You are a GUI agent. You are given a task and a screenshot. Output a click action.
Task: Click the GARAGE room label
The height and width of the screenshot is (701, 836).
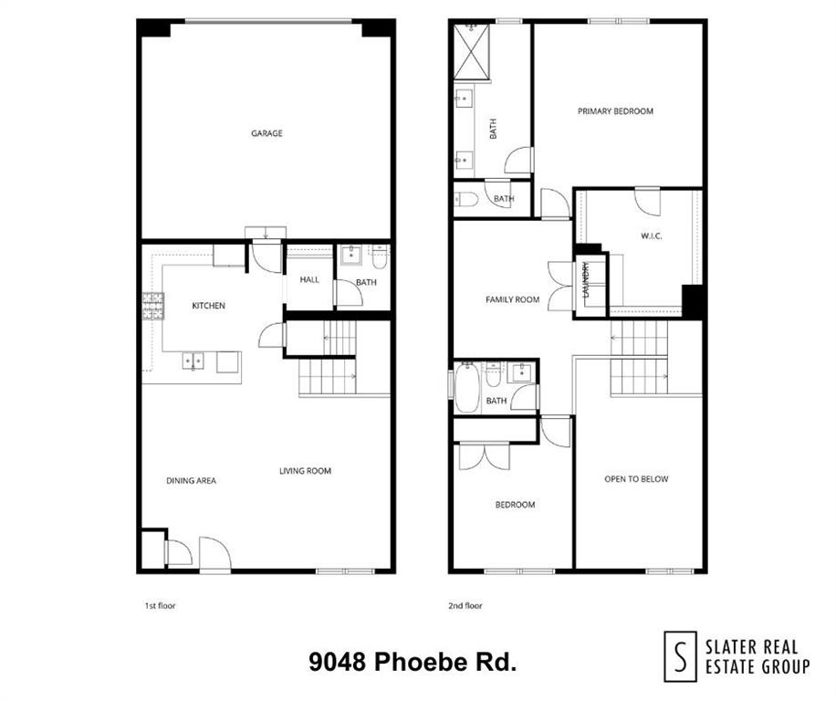coord(266,133)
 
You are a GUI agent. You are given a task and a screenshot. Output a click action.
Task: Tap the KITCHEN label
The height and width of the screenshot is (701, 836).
coord(208,306)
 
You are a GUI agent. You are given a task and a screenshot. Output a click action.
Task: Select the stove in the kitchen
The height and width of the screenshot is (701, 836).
coord(152,306)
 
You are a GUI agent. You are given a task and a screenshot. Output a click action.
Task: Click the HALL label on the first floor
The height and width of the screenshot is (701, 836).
coord(310,279)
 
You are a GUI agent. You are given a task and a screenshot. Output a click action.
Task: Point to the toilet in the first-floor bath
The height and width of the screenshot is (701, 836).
coord(380,256)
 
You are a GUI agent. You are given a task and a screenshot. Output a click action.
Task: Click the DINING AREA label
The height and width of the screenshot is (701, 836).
coord(191,480)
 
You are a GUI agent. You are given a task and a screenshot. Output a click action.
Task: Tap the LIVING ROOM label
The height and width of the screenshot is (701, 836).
coord(305,471)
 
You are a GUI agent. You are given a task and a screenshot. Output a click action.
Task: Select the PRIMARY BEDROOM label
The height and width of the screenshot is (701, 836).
coord(615,111)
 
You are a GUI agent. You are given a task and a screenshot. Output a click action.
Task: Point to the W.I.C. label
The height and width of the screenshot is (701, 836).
coord(651,236)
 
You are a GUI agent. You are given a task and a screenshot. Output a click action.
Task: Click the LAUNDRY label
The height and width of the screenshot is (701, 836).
coord(586,279)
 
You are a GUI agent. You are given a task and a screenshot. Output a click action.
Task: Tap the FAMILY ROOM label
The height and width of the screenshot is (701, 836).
coord(512,299)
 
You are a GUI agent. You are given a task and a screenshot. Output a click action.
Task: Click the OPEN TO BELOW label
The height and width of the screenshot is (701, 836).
coord(636,479)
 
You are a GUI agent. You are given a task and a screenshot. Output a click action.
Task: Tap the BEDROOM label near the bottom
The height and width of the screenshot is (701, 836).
coord(515,505)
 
